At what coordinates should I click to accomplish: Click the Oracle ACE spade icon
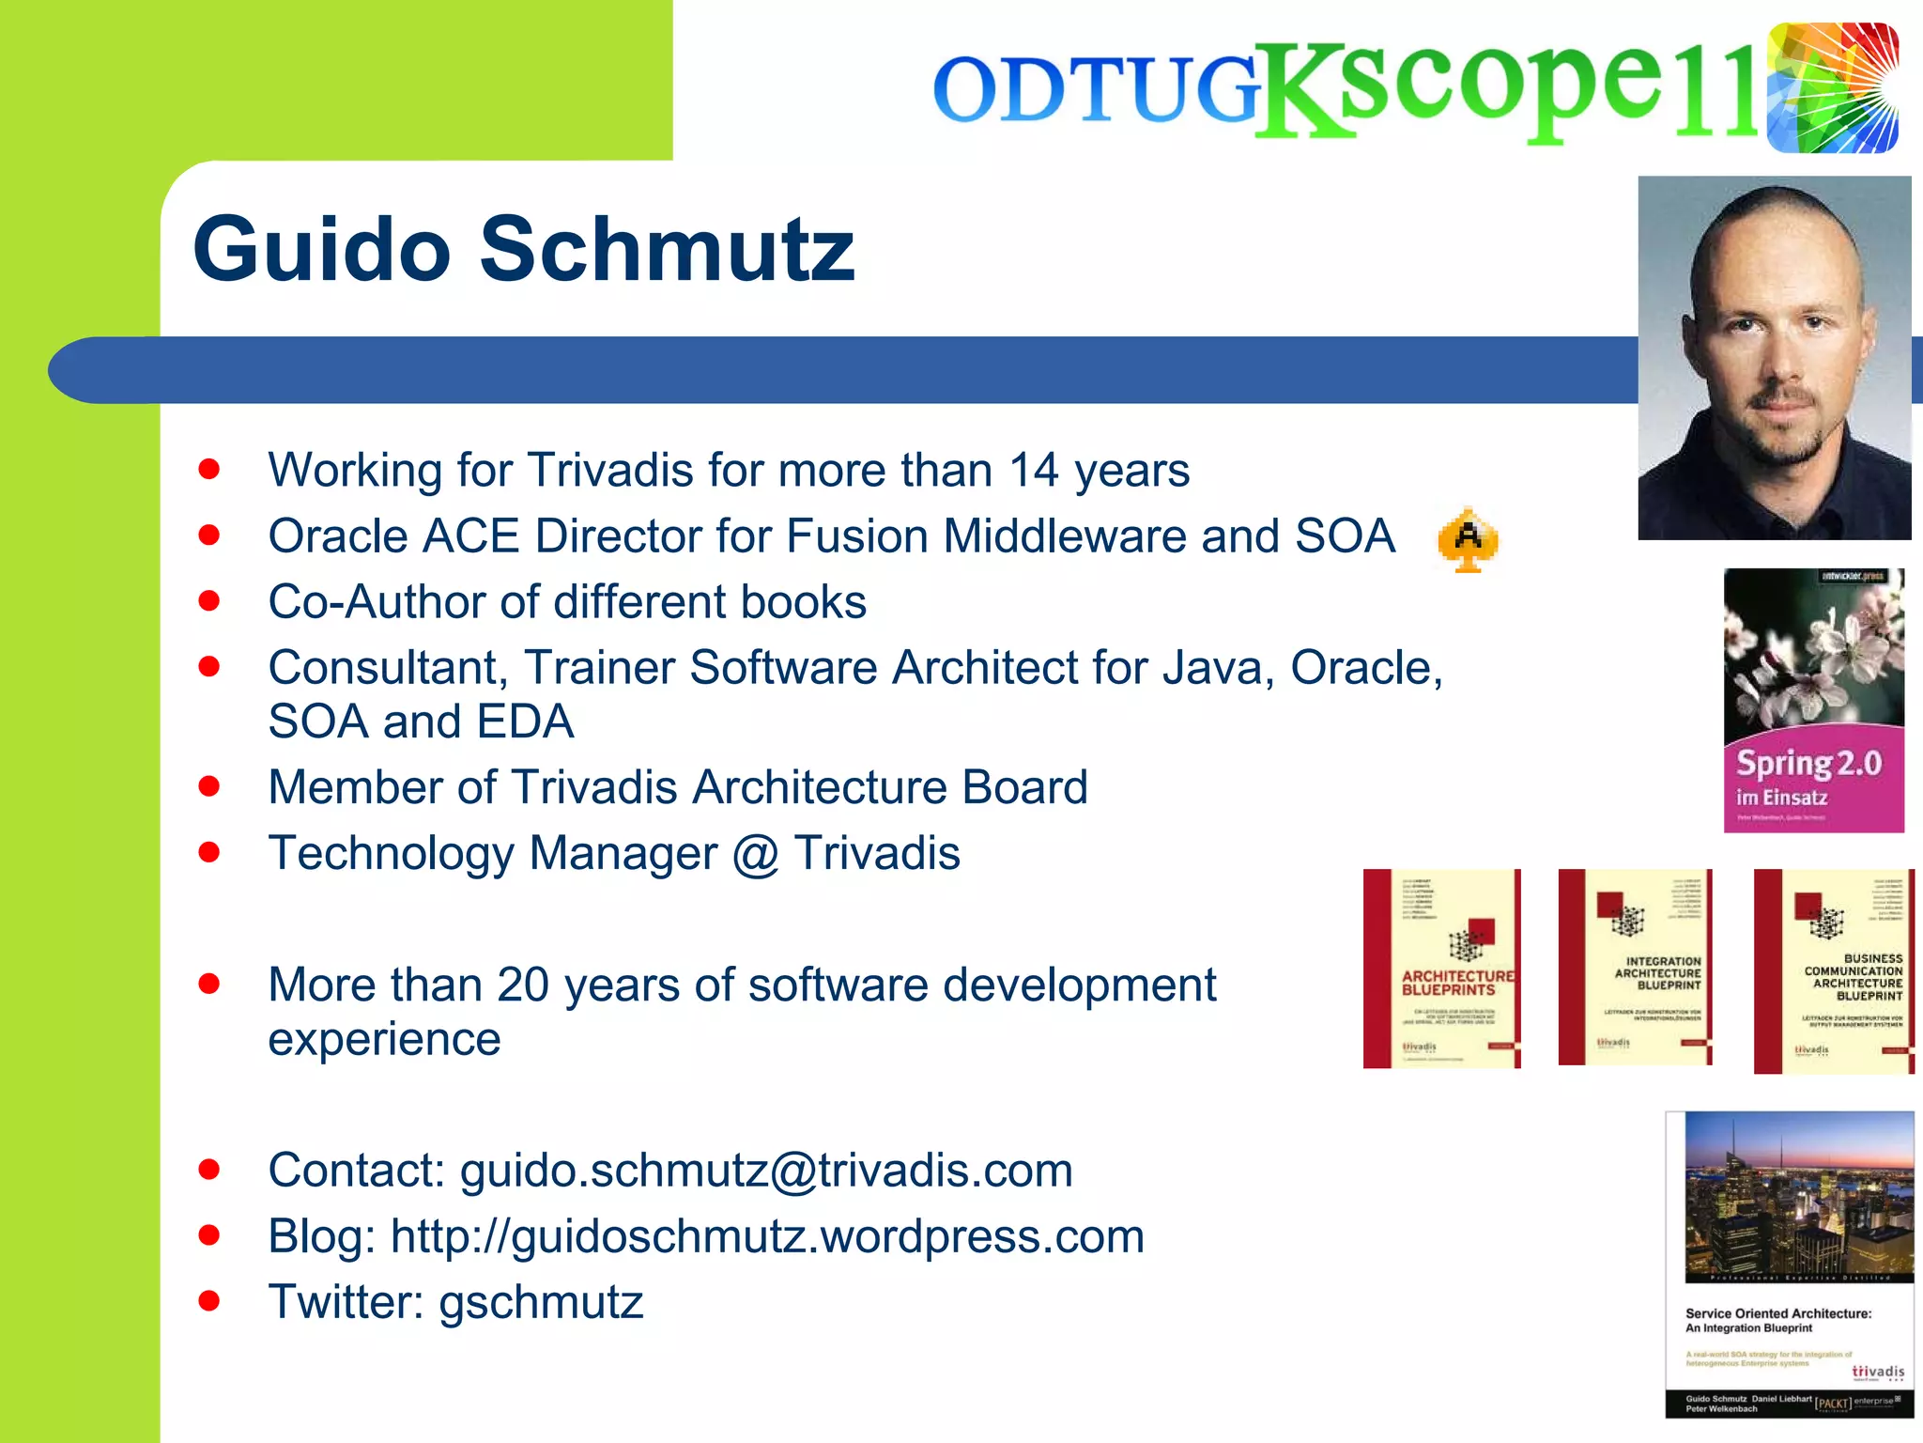(x=1468, y=539)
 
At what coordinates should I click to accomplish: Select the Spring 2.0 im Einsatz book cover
(x=1813, y=700)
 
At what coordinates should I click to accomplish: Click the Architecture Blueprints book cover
(x=1442, y=969)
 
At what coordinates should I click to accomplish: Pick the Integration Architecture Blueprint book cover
(x=1635, y=967)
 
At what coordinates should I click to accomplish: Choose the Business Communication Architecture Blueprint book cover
(x=1834, y=970)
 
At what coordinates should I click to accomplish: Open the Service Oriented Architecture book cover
(x=1790, y=1265)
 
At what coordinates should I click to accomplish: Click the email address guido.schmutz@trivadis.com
(x=766, y=1171)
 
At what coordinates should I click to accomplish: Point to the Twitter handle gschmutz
(x=541, y=1302)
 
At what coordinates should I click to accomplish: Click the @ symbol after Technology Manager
(x=756, y=854)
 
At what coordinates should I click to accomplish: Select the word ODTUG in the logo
(x=1097, y=91)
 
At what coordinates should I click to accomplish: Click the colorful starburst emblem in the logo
(x=1832, y=88)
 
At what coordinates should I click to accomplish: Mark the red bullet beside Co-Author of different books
(x=209, y=601)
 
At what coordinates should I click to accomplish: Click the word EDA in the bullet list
(x=525, y=722)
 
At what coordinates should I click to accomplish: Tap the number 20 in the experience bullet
(x=523, y=985)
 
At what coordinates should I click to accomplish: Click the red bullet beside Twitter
(x=209, y=1301)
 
